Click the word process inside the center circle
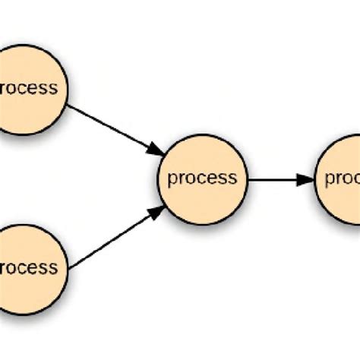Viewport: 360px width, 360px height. [x=202, y=179]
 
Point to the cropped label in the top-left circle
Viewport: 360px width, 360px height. [x=28, y=88]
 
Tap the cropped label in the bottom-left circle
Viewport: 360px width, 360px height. [x=28, y=267]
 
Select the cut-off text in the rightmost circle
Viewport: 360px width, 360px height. [x=343, y=179]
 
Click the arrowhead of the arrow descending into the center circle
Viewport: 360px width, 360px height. [x=155, y=147]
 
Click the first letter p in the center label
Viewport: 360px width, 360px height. [x=172, y=181]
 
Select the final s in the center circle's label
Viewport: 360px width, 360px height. [x=232, y=179]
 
